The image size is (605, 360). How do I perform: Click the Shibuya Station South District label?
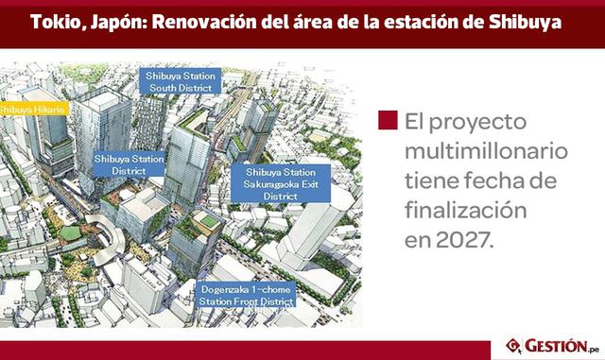(179, 81)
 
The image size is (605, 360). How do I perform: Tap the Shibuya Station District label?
(127, 165)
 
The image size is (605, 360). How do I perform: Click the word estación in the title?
(428, 19)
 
